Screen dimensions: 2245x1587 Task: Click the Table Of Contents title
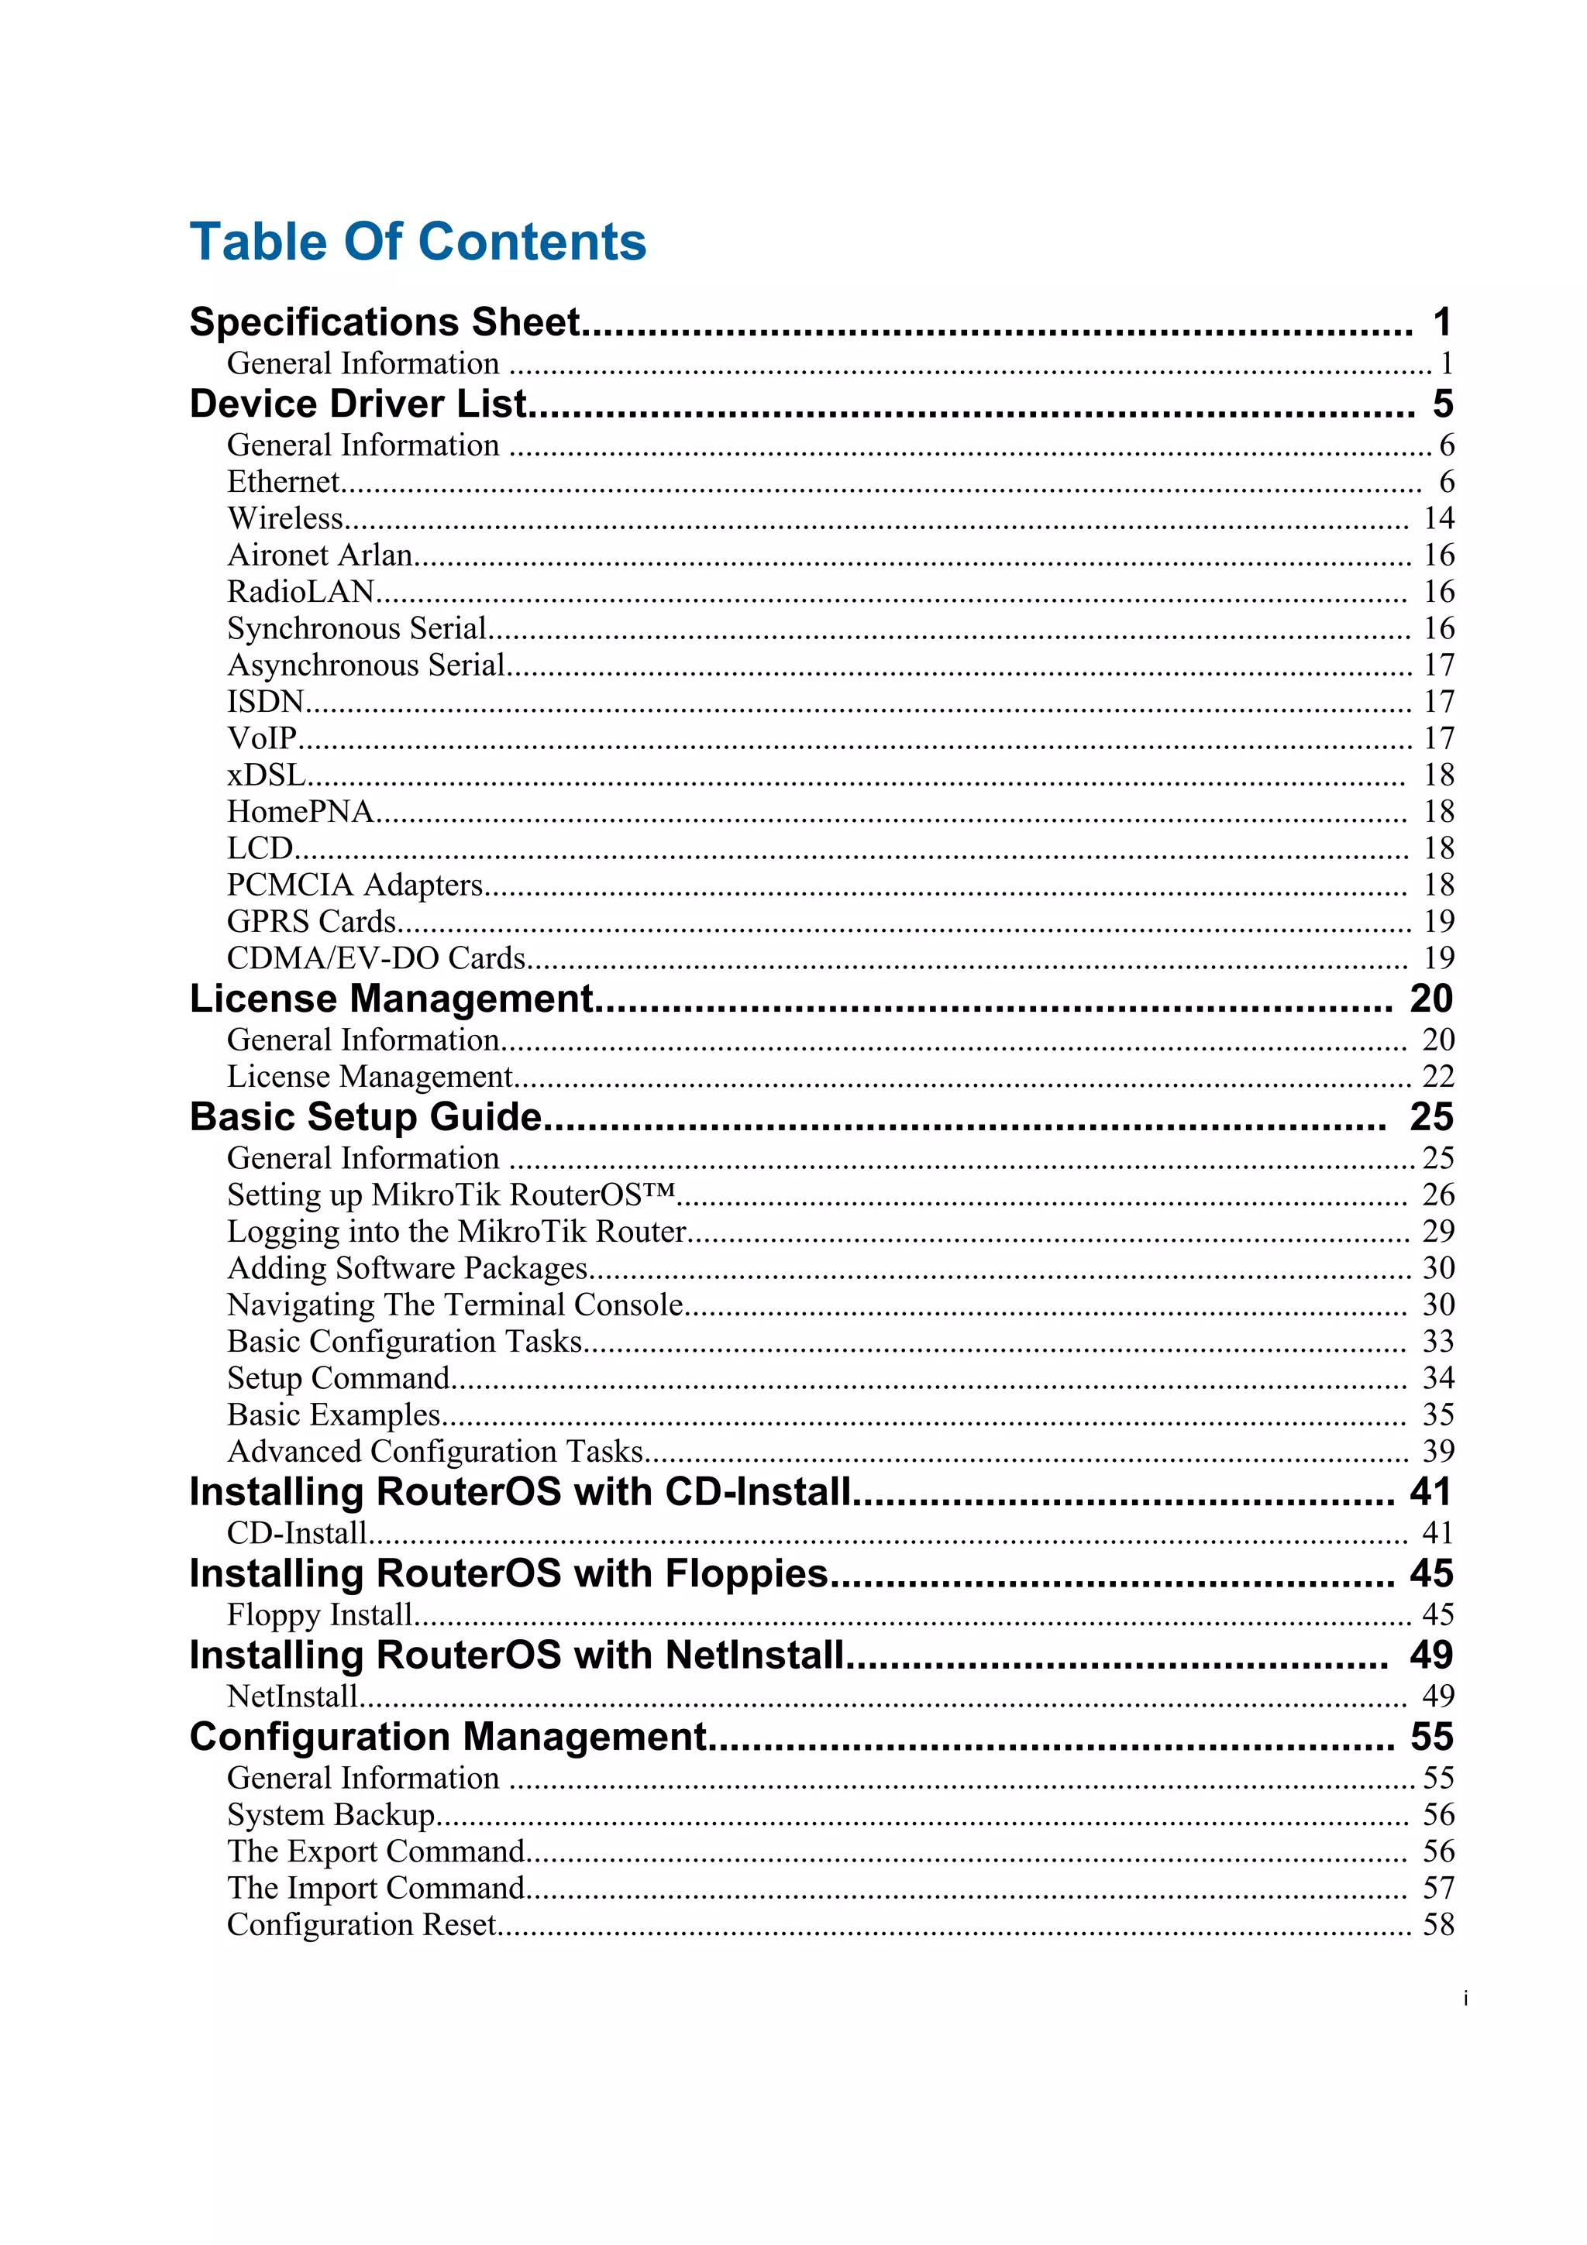click(x=418, y=242)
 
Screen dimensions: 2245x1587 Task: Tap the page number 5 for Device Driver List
click(x=1442, y=404)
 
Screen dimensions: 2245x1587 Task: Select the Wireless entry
click(x=285, y=518)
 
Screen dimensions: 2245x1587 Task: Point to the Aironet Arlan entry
click(x=320, y=555)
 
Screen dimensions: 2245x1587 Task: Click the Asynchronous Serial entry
click(x=366, y=665)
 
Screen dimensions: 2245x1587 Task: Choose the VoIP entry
click(x=261, y=738)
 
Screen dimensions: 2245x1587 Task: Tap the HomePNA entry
click(x=300, y=812)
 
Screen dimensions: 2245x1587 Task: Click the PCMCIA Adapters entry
click(x=355, y=885)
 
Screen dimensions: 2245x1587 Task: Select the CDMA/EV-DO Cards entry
click(x=377, y=958)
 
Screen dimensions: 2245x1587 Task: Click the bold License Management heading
click(x=391, y=999)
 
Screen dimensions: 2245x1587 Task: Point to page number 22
click(x=1437, y=1077)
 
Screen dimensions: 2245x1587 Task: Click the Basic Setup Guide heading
click(x=365, y=1116)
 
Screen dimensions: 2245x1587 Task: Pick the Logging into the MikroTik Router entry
click(x=456, y=1231)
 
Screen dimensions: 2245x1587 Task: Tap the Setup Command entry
click(x=339, y=1377)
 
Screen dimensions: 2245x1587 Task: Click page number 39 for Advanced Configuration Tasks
click(x=1437, y=1451)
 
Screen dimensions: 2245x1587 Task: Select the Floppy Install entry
click(x=320, y=1614)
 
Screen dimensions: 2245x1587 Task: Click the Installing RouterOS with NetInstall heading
click(x=516, y=1655)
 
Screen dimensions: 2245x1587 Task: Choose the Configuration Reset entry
click(x=362, y=1924)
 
